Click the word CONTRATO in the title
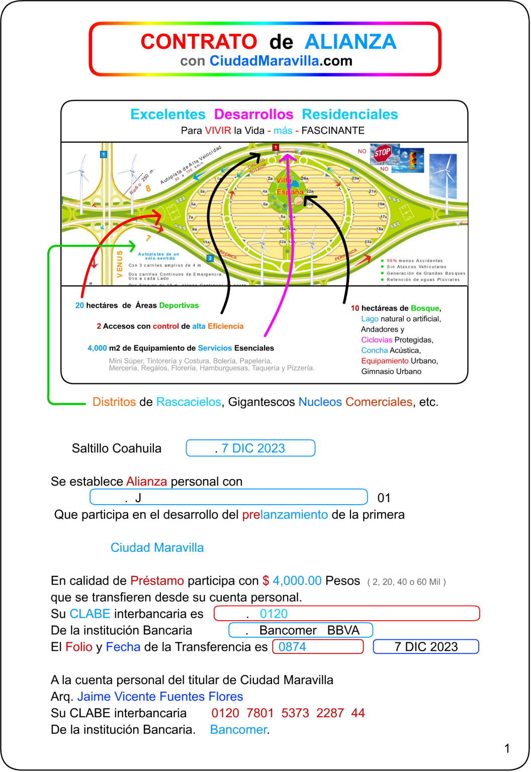click(199, 42)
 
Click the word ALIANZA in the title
click(350, 42)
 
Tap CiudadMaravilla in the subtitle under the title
click(264, 61)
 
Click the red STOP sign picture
click(382, 153)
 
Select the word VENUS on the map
click(120, 264)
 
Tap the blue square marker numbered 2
click(210, 258)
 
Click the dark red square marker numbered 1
click(276, 147)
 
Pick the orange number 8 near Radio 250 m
click(148, 188)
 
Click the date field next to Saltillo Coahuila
click(250, 448)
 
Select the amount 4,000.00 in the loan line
click(297, 581)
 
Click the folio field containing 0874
click(317, 647)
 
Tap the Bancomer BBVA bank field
click(301, 630)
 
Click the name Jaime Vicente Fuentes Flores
click(160, 697)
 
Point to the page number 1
click(507, 748)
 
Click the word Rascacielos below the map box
click(189, 402)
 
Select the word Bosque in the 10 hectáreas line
click(425, 308)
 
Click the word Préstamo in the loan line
click(157, 581)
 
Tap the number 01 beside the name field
click(384, 498)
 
